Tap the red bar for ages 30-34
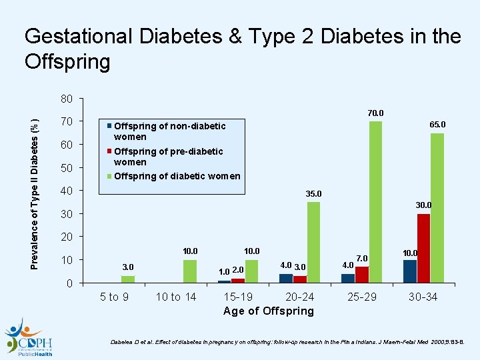(423, 248)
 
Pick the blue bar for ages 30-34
(410, 271)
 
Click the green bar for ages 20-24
(313, 242)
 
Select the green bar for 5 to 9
(128, 279)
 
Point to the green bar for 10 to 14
(189, 271)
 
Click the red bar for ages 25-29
(362, 275)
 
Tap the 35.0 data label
(313, 194)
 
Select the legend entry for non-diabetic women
(169, 131)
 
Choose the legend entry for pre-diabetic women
(168, 156)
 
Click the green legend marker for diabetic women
(110, 176)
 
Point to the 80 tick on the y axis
(65, 99)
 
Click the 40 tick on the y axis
(65, 191)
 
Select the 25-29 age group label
(361, 297)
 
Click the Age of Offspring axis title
(268, 311)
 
